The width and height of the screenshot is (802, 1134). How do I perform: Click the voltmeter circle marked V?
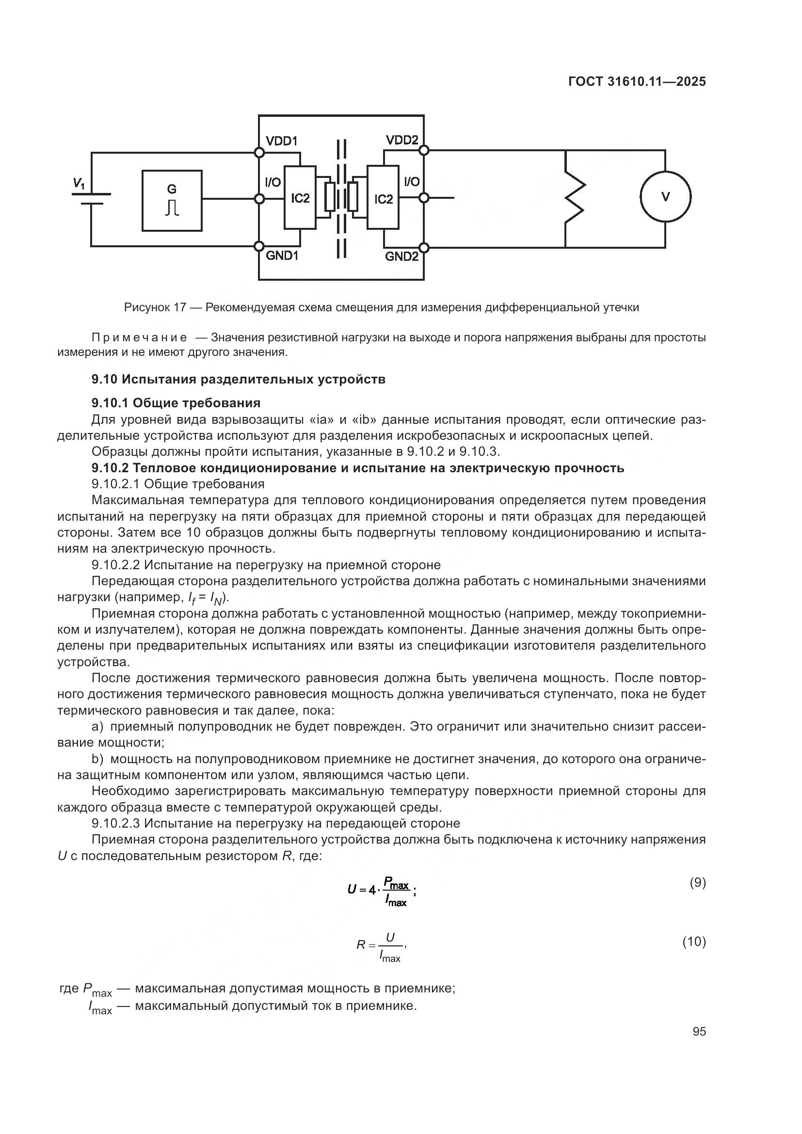pyautogui.click(x=665, y=196)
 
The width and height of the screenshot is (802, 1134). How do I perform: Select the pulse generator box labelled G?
pyautogui.click(x=172, y=201)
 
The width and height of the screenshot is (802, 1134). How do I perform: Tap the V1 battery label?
pyautogui.click(x=79, y=184)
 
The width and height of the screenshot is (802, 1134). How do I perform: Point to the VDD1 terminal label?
pyautogui.click(x=282, y=141)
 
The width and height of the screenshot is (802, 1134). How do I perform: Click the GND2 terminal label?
pyautogui.click(x=401, y=256)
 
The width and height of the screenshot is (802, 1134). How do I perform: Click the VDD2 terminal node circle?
pyautogui.click(x=424, y=150)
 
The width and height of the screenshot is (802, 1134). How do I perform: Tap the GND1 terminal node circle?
pyautogui.click(x=258, y=246)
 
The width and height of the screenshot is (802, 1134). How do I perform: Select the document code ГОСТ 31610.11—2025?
pyautogui.click(x=637, y=82)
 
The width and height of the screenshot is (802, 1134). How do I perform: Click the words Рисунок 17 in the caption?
pyautogui.click(x=155, y=308)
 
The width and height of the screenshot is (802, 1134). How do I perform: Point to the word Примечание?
pyautogui.click(x=139, y=338)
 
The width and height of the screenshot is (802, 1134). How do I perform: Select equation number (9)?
pyautogui.click(x=697, y=882)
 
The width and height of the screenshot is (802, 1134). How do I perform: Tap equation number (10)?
pyautogui.click(x=694, y=942)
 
